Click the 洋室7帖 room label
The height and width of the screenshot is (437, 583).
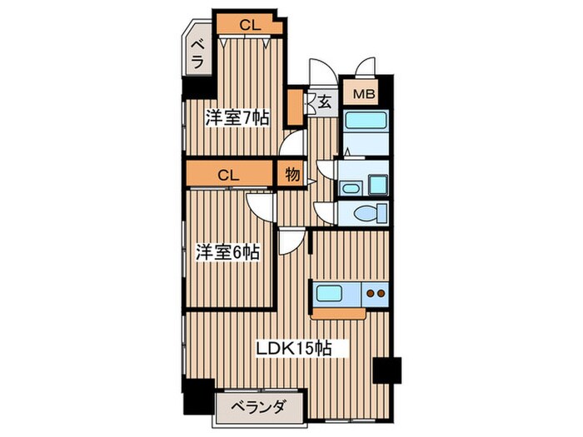[x=237, y=117]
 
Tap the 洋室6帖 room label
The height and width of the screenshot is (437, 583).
[x=227, y=251]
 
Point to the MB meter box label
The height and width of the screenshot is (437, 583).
[x=364, y=94]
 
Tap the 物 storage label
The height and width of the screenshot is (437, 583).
[x=291, y=175]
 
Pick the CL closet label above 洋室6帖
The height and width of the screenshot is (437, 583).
[x=230, y=175]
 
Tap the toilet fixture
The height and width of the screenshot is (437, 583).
[x=367, y=213]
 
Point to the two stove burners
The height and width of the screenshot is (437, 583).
[x=376, y=294]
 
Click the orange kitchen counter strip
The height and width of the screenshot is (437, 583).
[x=339, y=313]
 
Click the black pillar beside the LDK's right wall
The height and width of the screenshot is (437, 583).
[x=387, y=368]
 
